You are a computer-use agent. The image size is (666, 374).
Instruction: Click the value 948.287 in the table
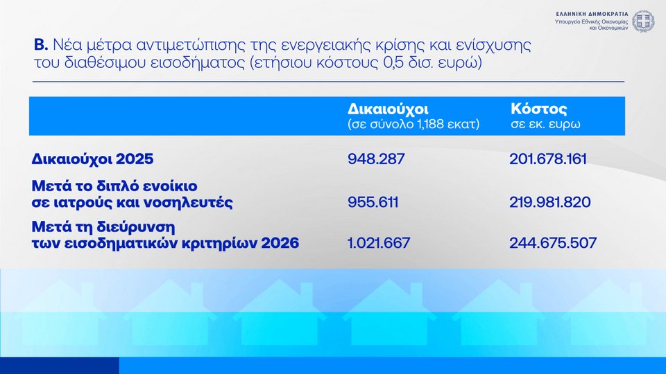point(376,159)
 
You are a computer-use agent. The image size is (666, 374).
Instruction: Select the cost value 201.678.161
point(548,159)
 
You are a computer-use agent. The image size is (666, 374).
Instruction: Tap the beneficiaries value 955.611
point(373,202)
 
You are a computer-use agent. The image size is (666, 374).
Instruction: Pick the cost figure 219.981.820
point(550,202)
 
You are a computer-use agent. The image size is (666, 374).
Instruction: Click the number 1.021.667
point(379,243)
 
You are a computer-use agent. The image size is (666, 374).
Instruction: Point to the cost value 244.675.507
point(553,243)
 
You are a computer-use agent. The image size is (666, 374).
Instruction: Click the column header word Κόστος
point(538,109)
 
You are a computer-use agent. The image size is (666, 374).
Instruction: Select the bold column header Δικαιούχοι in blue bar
point(388,109)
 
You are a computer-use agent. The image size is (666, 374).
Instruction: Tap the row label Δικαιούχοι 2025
point(92,159)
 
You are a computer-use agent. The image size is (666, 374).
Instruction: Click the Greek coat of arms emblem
point(644,21)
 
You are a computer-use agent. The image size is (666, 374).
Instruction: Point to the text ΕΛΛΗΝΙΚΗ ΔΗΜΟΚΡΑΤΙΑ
point(592,14)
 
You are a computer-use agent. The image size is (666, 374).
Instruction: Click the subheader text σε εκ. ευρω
point(545,124)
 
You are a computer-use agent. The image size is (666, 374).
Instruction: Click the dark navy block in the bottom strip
point(60,366)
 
